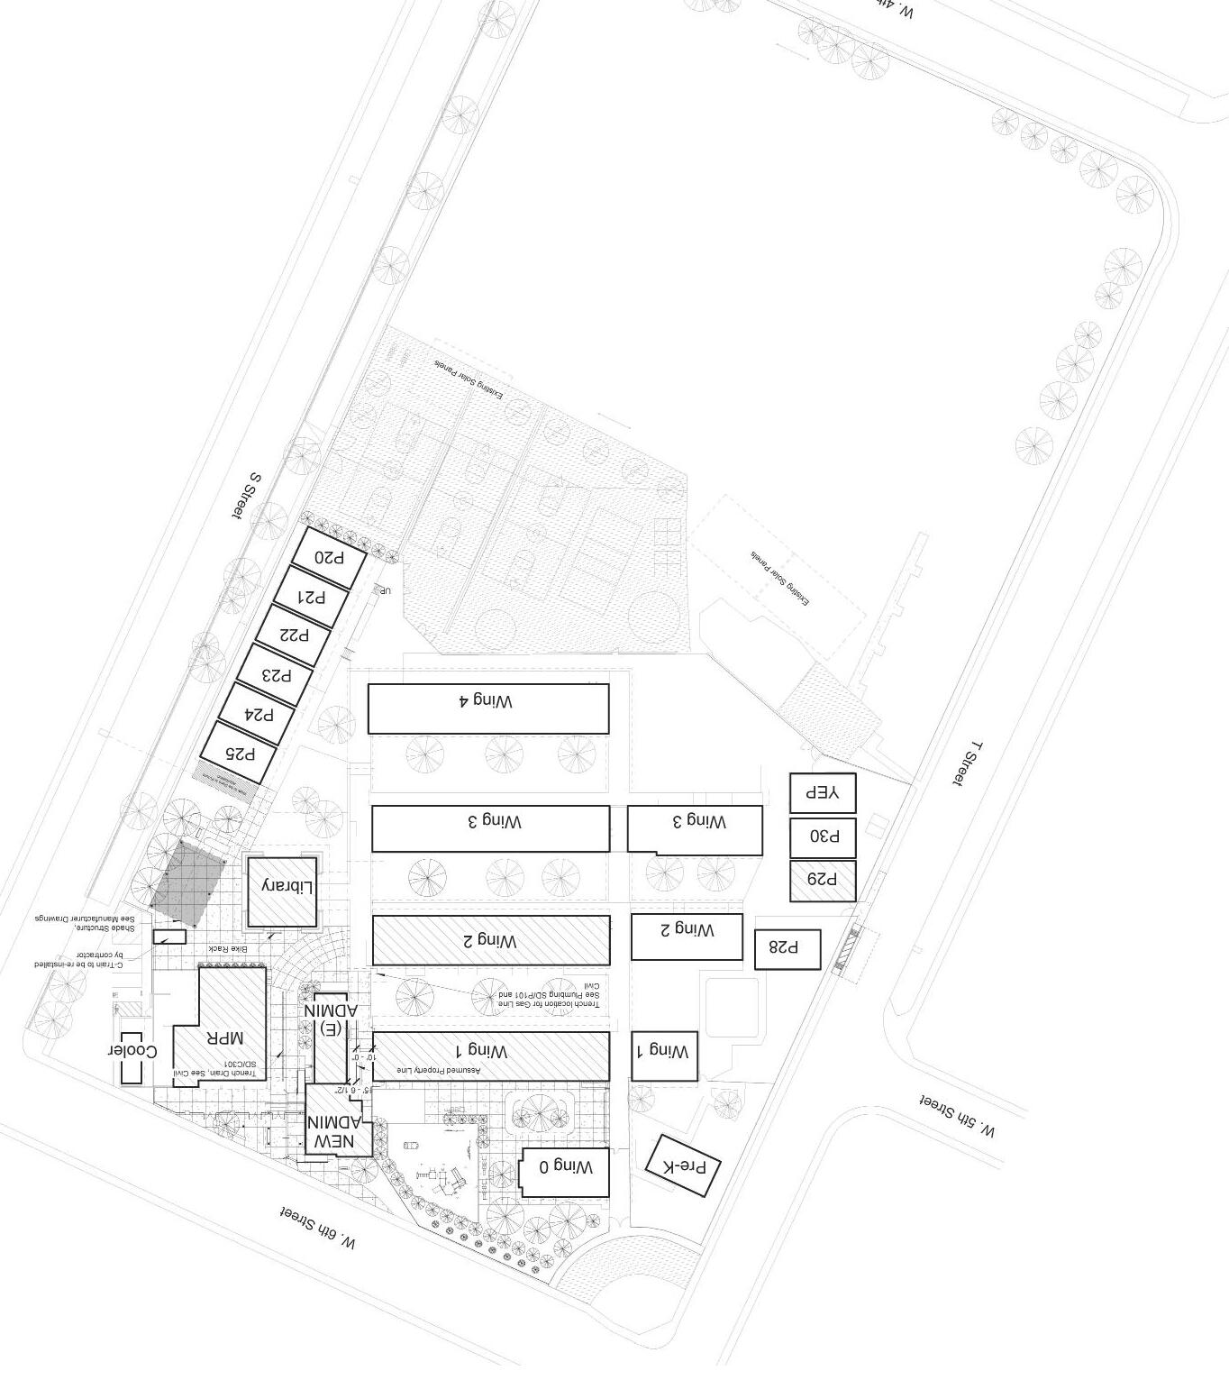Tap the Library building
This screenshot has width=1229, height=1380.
pos(282,889)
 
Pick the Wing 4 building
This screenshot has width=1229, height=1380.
pos(487,708)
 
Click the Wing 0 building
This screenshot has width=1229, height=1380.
pos(565,1172)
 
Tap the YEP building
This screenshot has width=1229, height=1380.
pos(823,793)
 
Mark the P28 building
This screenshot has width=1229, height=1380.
pos(787,949)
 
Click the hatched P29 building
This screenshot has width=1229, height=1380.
pos(823,881)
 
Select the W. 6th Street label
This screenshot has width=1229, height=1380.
pos(317,1228)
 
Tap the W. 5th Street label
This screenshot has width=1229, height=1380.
pos(956,1116)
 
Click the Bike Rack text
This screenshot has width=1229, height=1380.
pos(227,950)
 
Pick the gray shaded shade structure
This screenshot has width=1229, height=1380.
pos(187,884)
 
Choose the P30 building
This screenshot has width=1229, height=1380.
pos(823,837)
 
